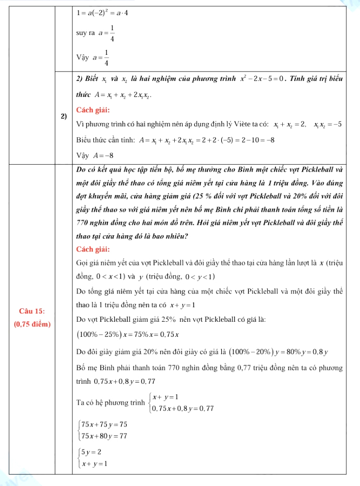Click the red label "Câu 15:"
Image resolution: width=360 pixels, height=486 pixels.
31,311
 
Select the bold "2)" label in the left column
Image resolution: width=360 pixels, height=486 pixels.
63,116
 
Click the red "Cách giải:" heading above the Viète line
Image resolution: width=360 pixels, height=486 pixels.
92,111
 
